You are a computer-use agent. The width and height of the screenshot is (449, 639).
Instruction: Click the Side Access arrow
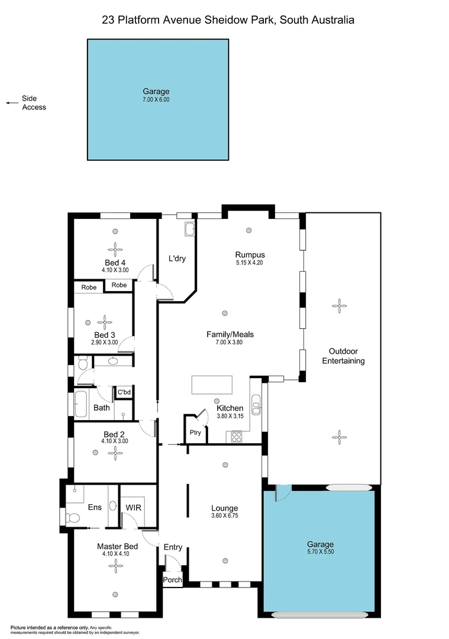tap(10, 103)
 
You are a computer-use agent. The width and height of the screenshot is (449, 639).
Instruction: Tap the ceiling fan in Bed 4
tap(115, 248)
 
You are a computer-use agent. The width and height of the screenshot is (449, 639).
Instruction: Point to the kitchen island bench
tap(211, 385)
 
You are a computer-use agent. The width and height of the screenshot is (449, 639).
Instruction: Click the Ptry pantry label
tap(195, 433)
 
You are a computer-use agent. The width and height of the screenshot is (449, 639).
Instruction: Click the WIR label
tap(133, 507)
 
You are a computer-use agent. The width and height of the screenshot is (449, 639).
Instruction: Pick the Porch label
tap(172, 580)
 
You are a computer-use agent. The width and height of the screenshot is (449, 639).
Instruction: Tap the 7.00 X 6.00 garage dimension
tap(156, 100)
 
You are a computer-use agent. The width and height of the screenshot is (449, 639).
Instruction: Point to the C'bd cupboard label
tap(124, 392)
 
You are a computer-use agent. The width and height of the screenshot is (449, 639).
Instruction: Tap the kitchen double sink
tap(256, 408)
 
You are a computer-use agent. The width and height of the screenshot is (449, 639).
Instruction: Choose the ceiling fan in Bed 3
tap(105, 322)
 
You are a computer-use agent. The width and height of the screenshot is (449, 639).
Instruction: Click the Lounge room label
tap(225, 508)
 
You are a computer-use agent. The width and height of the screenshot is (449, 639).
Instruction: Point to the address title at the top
tap(228, 20)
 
